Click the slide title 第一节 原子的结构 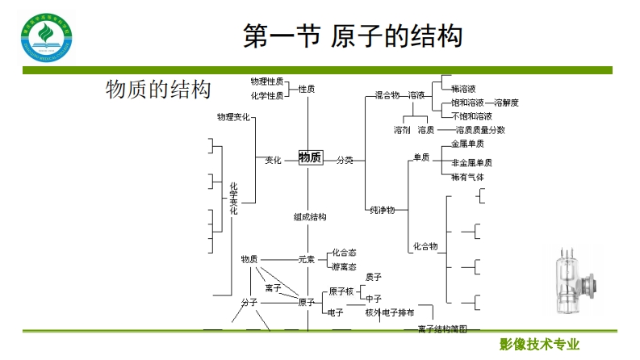click(x=353, y=36)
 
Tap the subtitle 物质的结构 click(x=158, y=90)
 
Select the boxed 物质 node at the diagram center click(x=310, y=158)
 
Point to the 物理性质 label click(x=266, y=82)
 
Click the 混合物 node click(x=387, y=95)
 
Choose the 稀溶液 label click(x=463, y=89)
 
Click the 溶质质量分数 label click(x=480, y=129)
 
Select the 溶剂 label click(x=402, y=129)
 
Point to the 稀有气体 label click(x=467, y=176)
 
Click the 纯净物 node click(x=382, y=210)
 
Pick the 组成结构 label click(x=310, y=217)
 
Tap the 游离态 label click(x=344, y=266)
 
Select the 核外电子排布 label click(x=390, y=312)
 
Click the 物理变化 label click(x=233, y=118)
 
